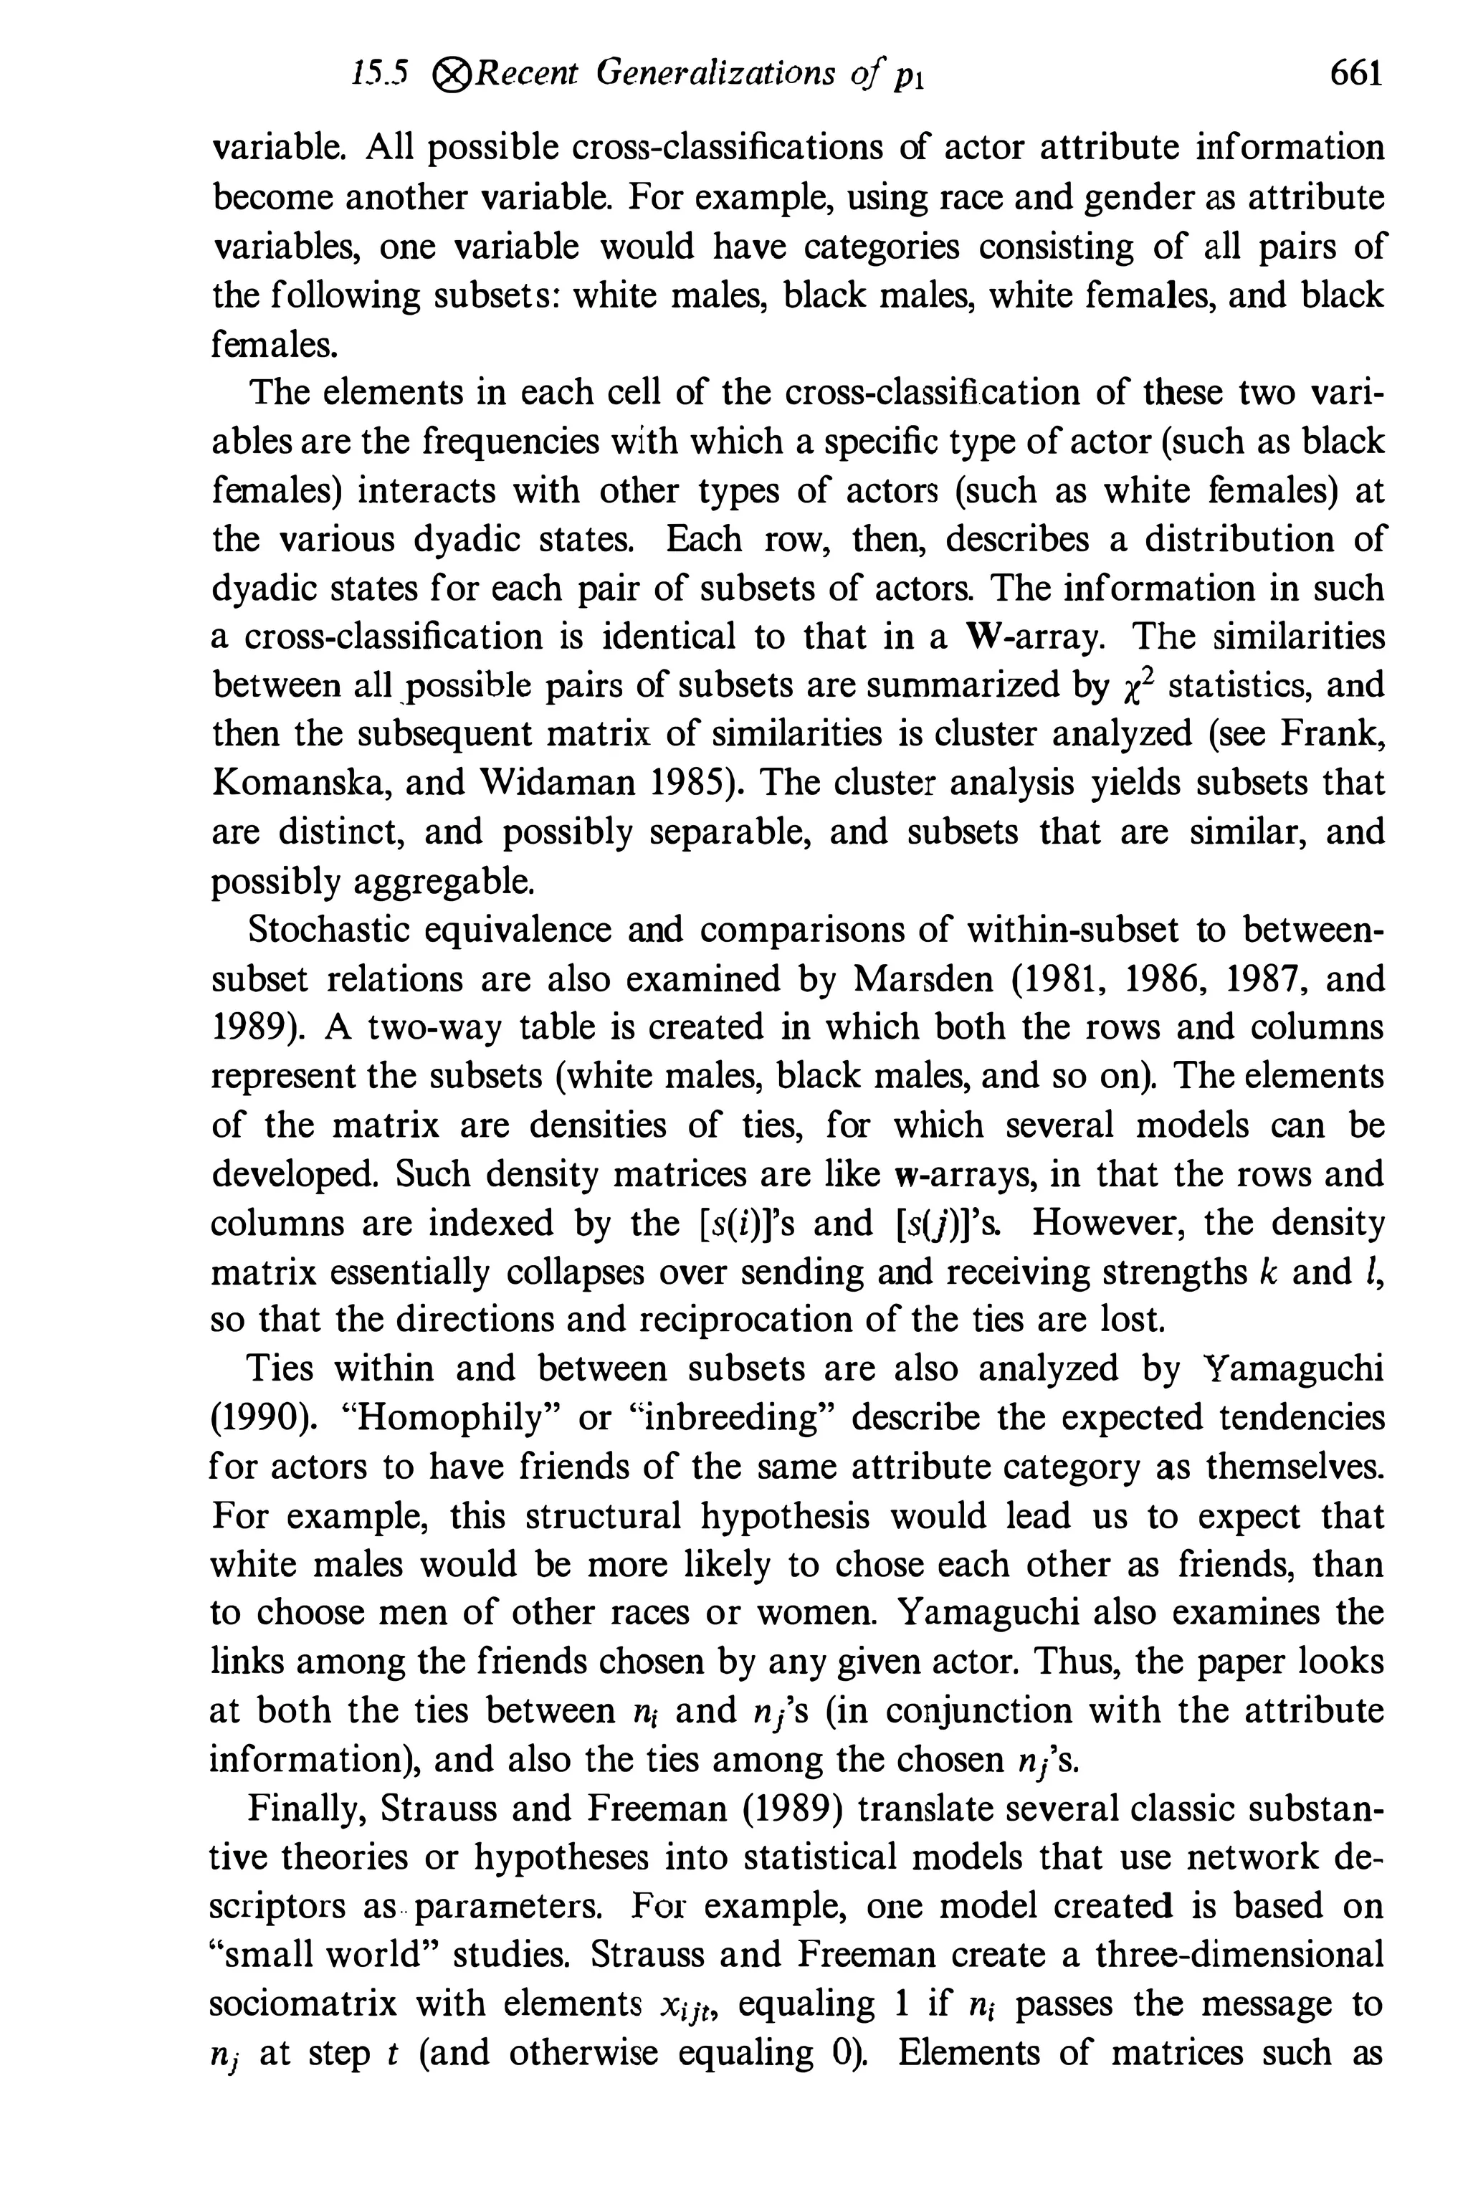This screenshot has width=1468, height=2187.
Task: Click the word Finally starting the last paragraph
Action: coord(303,1808)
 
